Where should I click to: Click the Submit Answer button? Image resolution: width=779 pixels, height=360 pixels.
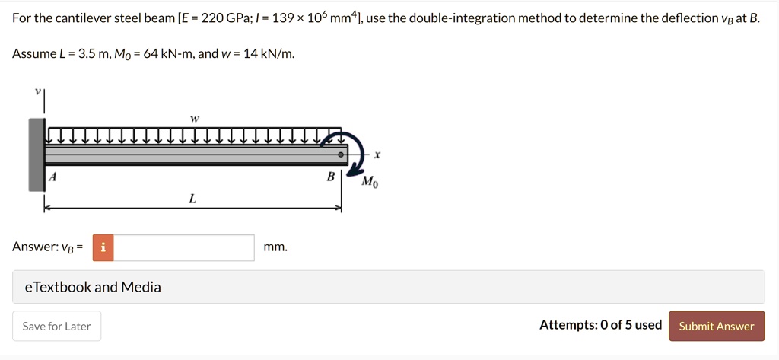coord(716,326)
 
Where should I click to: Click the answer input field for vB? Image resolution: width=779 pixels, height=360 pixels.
coord(184,247)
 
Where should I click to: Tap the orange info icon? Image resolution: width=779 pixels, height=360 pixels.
coord(103,247)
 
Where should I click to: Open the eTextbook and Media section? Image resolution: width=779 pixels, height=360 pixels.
coord(93,287)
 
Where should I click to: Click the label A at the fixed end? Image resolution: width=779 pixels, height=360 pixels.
coord(52,177)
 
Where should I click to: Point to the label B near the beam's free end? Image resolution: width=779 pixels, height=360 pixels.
coord(330,177)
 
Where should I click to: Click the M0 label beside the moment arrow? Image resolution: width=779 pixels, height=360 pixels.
coord(369,182)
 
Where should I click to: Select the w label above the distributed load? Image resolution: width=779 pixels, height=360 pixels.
coord(195,119)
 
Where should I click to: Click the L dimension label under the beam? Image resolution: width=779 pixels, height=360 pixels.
coord(192,199)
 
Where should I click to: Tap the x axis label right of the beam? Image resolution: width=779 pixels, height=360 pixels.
coord(377,155)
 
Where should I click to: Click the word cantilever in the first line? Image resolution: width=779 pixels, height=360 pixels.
coord(81,18)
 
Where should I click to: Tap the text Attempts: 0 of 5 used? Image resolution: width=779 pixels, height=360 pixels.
coord(600,325)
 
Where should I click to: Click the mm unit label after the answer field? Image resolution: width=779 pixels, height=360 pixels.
coord(275,247)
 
